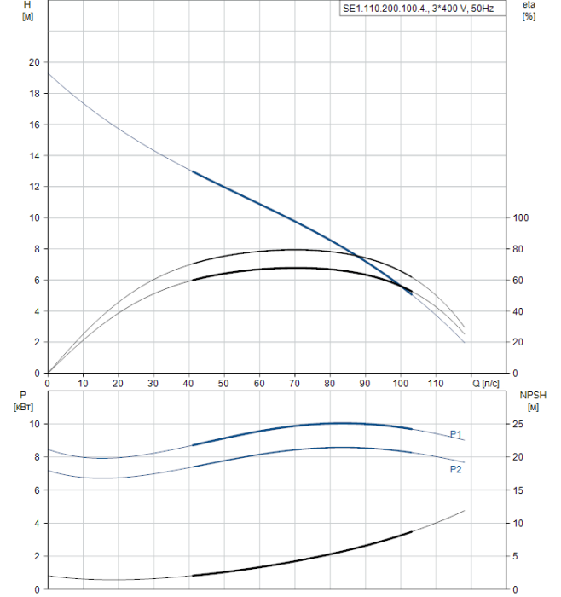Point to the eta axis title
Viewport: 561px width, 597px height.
[x=529, y=6]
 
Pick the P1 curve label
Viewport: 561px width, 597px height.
[x=456, y=434]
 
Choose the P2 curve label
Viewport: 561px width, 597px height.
[x=456, y=469]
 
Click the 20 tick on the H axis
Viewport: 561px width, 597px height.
[x=33, y=62]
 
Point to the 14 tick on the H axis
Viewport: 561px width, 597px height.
[x=33, y=156]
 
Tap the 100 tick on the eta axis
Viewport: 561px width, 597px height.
[x=521, y=218]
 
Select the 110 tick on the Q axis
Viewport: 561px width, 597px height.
[x=435, y=384]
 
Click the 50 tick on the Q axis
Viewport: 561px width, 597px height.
[x=223, y=384]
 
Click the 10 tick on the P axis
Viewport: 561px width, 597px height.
[x=35, y=424]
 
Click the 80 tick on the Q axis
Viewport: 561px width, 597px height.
[x=329, y=384]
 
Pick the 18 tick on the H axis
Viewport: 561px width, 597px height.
[x=33, y=94]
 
